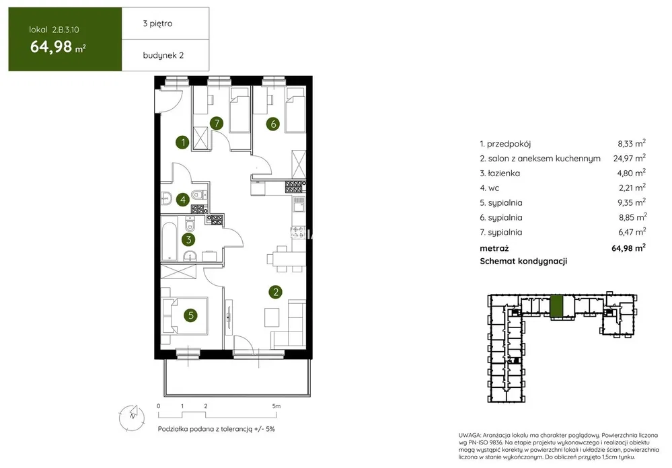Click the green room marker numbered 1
(182, 143)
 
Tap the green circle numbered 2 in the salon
(275, 292)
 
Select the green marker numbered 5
(191, 316)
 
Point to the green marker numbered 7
(217, 124)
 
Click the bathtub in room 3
(170, 239)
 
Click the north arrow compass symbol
(132, 417)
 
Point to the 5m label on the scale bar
(276, 406)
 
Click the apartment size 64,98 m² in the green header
(57, 46)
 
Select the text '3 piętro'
(157, 24)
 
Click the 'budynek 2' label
(163, 55)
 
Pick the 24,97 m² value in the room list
(630, 158)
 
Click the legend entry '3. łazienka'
(500, 173)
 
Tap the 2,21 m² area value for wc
(632, 188)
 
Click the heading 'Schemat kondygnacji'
(523, 261)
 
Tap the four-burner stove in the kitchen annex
(293, 186)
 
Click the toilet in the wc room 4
(198, 195)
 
